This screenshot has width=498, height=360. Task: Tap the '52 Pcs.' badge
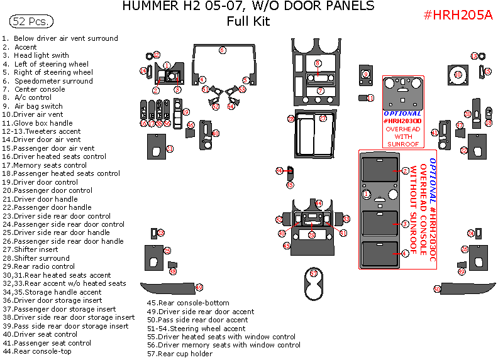click(x=31, y=21)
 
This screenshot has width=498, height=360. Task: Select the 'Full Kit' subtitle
click(x=248, y=21)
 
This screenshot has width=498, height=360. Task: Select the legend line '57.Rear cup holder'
click(x=180, y=354)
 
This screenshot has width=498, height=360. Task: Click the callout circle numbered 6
click(x=222, y=50)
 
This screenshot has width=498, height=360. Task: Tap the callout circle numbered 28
click(x=291, y=119)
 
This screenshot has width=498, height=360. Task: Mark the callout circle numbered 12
click(x=157, y=55)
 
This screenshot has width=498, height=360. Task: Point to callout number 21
click(x=170, y=148)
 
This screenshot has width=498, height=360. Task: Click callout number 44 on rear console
click(x=319, y=204)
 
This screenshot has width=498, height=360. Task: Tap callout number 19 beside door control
click(x=185, y=112)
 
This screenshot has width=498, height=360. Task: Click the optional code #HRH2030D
click(x=402, y=120)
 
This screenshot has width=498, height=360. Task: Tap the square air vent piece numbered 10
click(x=458, y=75)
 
